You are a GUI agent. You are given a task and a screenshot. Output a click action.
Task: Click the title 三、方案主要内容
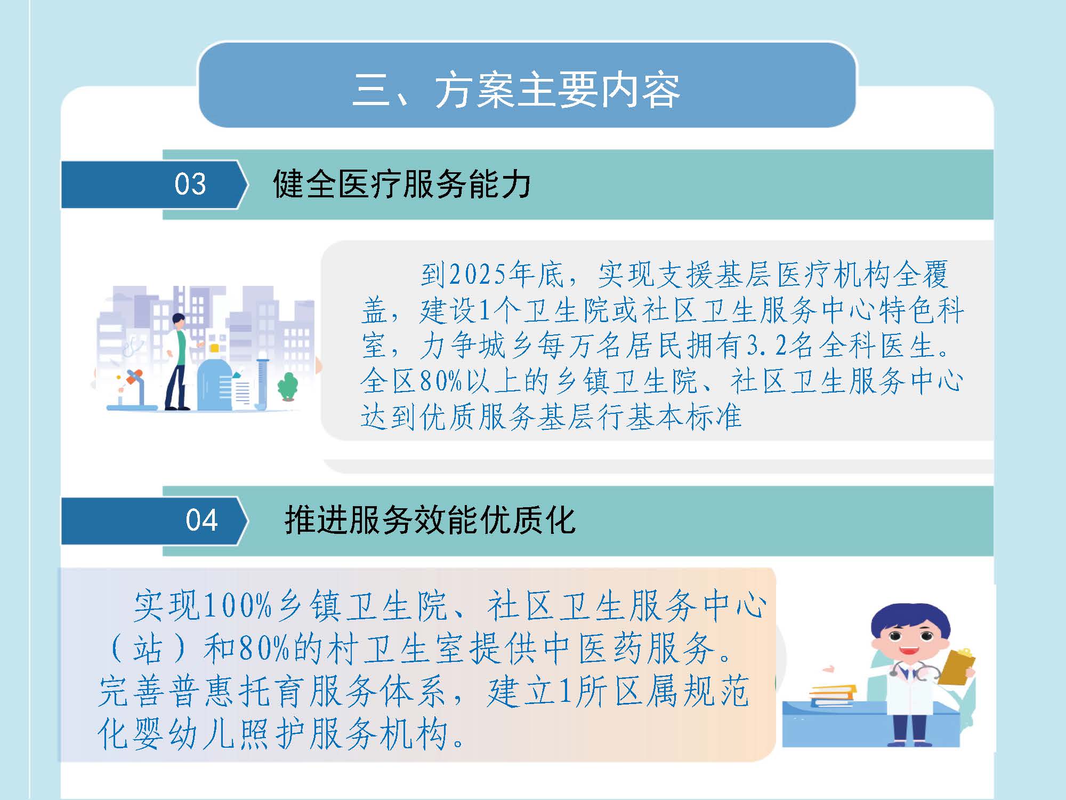(516, 90)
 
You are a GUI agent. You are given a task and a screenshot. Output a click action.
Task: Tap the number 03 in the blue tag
(190, 184)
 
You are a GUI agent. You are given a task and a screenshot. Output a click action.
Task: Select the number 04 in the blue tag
(201, 520)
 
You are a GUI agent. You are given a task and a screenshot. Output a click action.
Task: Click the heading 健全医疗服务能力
(402, 184)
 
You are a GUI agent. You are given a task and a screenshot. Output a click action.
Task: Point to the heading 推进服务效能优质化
(430, 520)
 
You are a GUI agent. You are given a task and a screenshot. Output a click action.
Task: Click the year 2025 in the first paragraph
(478, 275)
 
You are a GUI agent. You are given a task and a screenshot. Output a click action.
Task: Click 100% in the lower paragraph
(238, 606)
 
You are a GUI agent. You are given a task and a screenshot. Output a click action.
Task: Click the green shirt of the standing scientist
(181, 347)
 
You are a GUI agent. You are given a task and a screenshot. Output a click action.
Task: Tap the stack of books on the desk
(832, 695)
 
